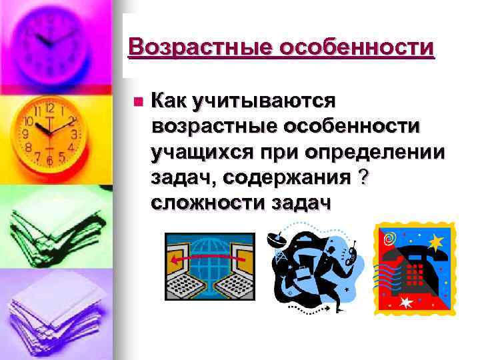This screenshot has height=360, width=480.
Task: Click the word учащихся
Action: point(201,153)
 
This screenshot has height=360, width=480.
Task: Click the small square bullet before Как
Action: point(138,102)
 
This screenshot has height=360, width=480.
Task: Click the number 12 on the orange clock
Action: point(49,107)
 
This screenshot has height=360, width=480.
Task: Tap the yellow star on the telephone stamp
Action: point(437,239)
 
